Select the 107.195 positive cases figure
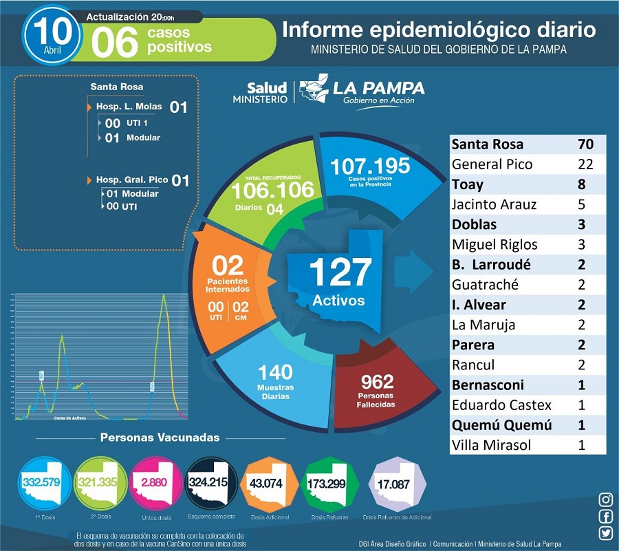click(x=370, y=166)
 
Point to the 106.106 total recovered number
click(x=272, y=189)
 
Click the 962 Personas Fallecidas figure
click(x=376, y=380)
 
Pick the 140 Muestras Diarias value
click(x=276, y=372)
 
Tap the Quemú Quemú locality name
click(x=495, y=424)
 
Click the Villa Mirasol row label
click(x=491, y=444)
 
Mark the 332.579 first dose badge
click(x=41, y=482)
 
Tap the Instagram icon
click(x=606, y=499)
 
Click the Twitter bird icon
click(x=606, y=533)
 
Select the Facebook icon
click(x=606, y=517)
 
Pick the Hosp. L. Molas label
click(x=129, y=107)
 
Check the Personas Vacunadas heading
click(x=160, y=437)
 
